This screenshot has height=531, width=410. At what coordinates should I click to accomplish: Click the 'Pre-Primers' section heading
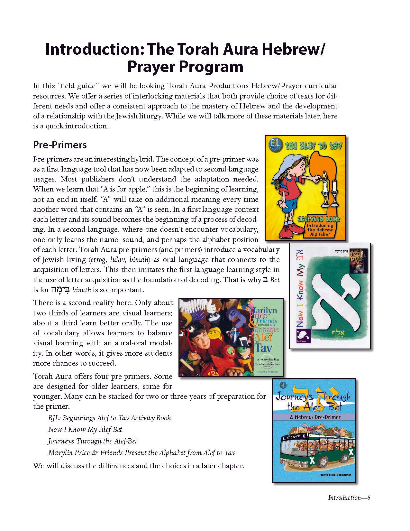(60, 145)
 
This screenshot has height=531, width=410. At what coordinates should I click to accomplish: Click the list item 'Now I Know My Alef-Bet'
(85, 429)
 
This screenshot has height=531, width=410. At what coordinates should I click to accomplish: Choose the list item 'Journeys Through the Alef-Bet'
(93, 441)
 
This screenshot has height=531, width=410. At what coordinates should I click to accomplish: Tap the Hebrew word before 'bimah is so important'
(60, 289)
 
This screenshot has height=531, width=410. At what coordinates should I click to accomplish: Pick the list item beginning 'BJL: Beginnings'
(109, 418)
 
